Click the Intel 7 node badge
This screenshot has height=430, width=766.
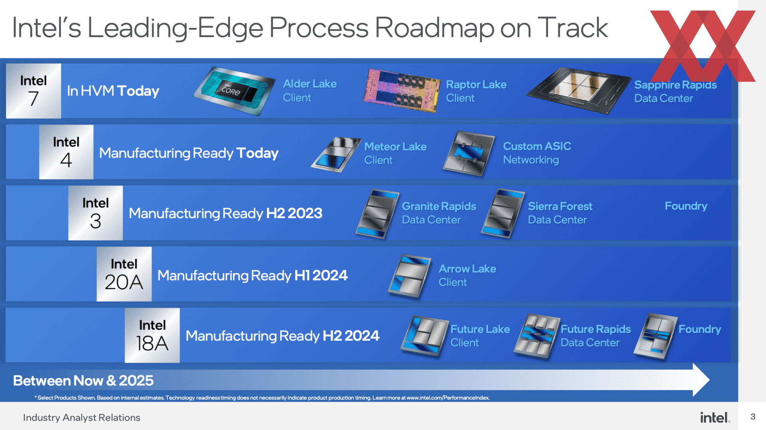pyautogui.click(x=34, y=91)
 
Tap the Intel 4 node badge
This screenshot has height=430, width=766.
pyautogui.click(x=66, y=152)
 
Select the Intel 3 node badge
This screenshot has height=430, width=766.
pyautogui.click(x=95, y=213)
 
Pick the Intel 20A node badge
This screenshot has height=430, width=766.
pyautogui.click(x=124, y=274)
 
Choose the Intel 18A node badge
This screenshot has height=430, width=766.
pyautogui.click(x=152, y=335)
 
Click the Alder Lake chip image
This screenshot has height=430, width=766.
pyautogui.click(x=235, y=91)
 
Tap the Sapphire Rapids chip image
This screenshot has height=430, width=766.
pyautogui.click(x=579, y=91)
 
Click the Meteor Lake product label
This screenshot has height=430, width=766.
pyautogui.click(x=395, y=153)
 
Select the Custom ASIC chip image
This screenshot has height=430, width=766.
pyautogui.click(x=469, y=154)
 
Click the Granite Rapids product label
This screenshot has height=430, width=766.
pyautogui.click(x=439, y=213)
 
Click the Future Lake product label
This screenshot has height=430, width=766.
pyautogui.click(x=480, y=336)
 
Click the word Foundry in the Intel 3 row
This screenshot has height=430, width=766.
pyautogui.click(x=686, y=206)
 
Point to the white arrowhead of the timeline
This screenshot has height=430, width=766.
pyautogui.click(x=701, y=380)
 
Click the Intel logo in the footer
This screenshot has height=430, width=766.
pyautogui.click(x=715, y=417)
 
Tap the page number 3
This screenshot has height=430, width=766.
pyautogui.click(x=753, y=417)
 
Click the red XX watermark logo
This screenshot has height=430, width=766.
pyautogui.click(x=703, y=46)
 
